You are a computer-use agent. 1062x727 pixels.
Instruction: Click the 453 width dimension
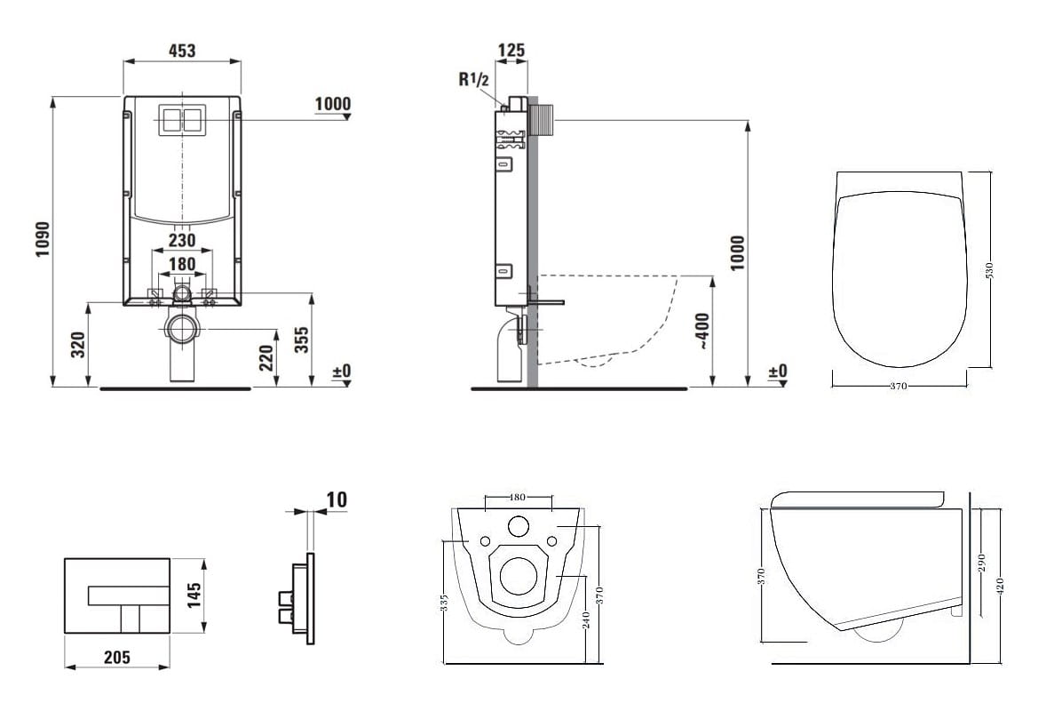point(182,51)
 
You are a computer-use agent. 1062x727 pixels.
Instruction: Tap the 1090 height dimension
point(43,239)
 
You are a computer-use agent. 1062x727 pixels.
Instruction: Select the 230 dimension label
point(181,240)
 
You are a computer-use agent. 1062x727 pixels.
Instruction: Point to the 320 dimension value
point(78,345)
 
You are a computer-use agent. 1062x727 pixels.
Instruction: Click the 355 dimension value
point(301,340)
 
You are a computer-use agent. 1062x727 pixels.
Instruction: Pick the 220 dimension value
point(266,358)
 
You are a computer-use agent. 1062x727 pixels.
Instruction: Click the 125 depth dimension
point(511,50)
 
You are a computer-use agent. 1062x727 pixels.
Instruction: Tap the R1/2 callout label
point(473,79)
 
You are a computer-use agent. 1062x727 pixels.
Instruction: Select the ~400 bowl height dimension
point(702,331)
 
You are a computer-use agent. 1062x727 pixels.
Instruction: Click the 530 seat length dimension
point(989,270)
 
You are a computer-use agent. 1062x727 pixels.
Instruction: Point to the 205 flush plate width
point(117,657)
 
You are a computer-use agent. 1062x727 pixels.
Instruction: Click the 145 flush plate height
point(194,595)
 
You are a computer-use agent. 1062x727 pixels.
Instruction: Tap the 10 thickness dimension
point(337,499)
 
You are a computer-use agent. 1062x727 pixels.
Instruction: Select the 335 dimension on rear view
point(444,602)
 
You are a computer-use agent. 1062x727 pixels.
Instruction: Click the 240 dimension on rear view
point(587,619)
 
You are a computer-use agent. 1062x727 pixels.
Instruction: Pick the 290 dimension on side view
point(982,563)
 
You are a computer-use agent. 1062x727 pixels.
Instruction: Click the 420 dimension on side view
point(1001,586)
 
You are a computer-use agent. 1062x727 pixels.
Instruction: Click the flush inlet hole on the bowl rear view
point(519,525)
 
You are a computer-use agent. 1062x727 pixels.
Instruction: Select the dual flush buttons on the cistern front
point(181,120)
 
